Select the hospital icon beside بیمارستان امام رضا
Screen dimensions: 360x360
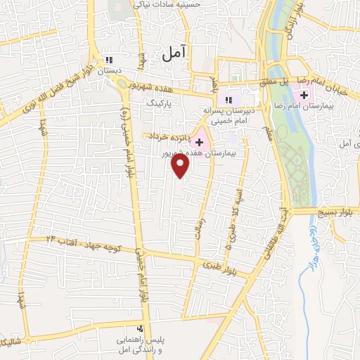click(303, 95)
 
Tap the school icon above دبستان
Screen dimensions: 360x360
click(108, 60)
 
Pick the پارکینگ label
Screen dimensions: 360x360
click(159, 102)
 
